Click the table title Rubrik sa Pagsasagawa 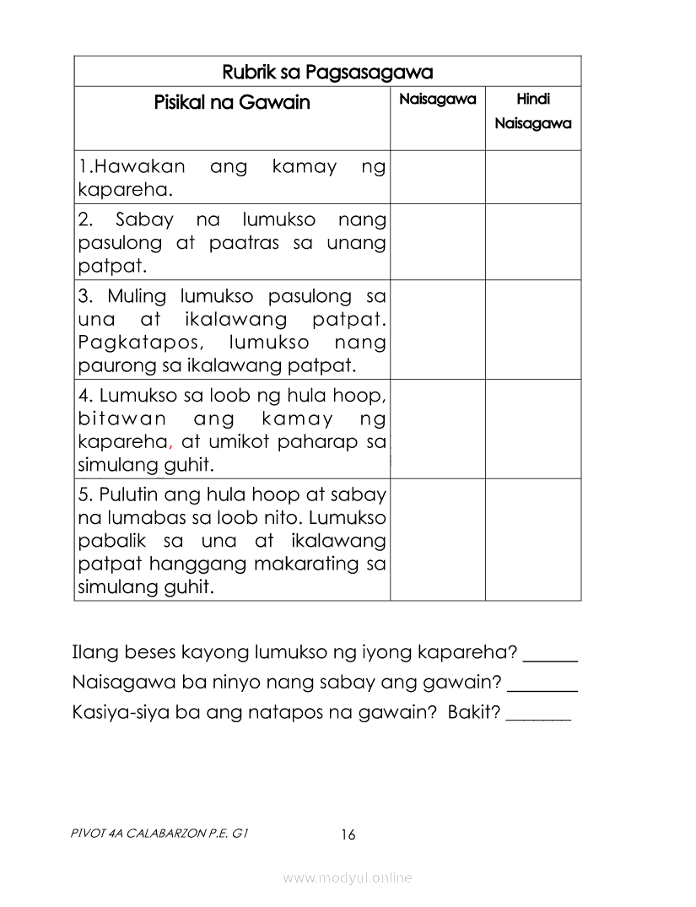[x=327, y=72]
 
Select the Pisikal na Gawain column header [x=232, y=103]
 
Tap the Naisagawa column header [x=437, y=100]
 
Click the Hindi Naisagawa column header [x=533, y=111]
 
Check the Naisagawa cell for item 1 [x=437, y=177]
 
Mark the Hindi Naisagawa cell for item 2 [x=533, y=242]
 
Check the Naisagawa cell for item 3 [x=437, y=330]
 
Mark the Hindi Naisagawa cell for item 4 [x=533, y=429]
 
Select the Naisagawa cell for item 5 [x=437, y=539]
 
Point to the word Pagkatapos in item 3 [x=138, y=343]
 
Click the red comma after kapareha [x=170, y=445]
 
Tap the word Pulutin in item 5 [x=130, y=494]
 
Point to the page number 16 [x=348, y=835]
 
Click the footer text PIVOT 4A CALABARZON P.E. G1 [x=160, y=834]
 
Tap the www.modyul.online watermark [x=348, y=878]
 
